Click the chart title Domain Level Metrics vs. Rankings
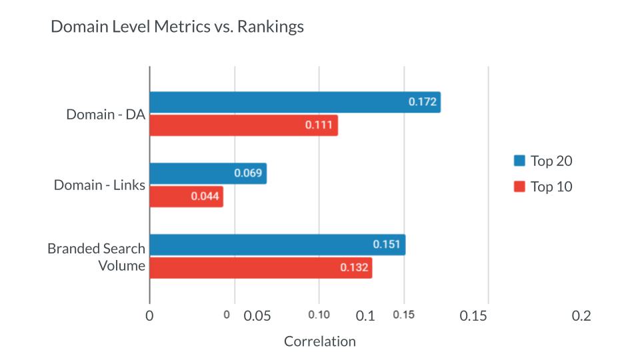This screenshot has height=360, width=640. tap(177, 27)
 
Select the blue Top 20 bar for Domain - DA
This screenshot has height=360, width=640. tap(294, 102)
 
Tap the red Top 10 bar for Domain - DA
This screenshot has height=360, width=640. tap(243, 125)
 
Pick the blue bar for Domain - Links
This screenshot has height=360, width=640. tap(207, 173)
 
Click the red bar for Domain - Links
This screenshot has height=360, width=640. tap(186, 197)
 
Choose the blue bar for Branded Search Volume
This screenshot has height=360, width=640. tap(277, 245)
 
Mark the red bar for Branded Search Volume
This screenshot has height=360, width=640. tap(260, 268)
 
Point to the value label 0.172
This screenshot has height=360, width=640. tap(422, 102)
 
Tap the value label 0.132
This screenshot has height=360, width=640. tap(354, 268)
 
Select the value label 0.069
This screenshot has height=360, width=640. tap(248, 173)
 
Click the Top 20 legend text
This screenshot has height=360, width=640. tap(551, 161)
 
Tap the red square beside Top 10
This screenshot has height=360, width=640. tap(520, 187)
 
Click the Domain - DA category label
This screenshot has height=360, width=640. tap(105, 114)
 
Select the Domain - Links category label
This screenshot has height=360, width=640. tap(99, 185)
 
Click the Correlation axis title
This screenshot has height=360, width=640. tap(320, 341)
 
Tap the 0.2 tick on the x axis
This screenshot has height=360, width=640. tap(581, 316)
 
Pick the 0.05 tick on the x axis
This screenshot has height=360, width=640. tap(257, 316)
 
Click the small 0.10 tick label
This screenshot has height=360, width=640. tap(319, 314)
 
